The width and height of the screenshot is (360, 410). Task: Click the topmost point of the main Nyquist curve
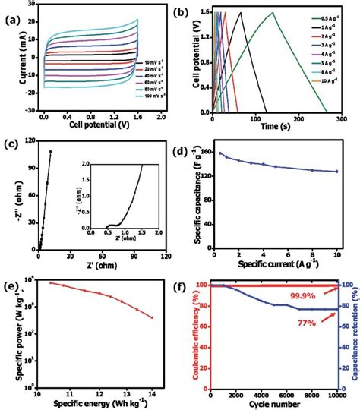pos(51,151)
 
